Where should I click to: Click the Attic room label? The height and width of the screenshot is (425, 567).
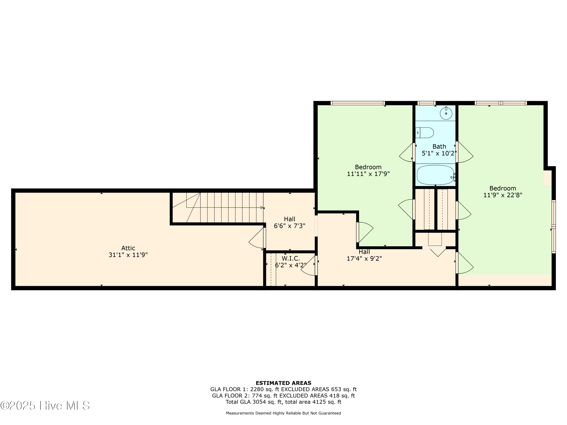(128, 248)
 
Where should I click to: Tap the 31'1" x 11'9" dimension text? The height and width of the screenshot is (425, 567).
(128, 255)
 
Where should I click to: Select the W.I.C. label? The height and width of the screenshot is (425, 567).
(291, 258)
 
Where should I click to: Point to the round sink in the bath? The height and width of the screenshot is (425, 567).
(446, 113)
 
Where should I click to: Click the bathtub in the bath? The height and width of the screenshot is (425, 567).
(435, 175)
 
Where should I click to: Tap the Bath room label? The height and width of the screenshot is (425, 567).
(439, 147)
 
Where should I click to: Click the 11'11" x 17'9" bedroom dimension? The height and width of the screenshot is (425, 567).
(368, 174)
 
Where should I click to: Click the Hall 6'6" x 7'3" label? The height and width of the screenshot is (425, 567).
(289, 219)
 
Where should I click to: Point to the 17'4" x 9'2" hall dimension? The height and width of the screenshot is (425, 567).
(364, 258)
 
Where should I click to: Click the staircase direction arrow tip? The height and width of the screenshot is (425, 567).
(262, 208)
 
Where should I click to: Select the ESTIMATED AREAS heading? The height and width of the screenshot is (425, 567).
(283, 383)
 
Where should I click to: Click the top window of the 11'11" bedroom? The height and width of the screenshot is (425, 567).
(358, 103)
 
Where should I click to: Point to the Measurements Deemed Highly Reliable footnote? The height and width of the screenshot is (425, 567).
(283, 413)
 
